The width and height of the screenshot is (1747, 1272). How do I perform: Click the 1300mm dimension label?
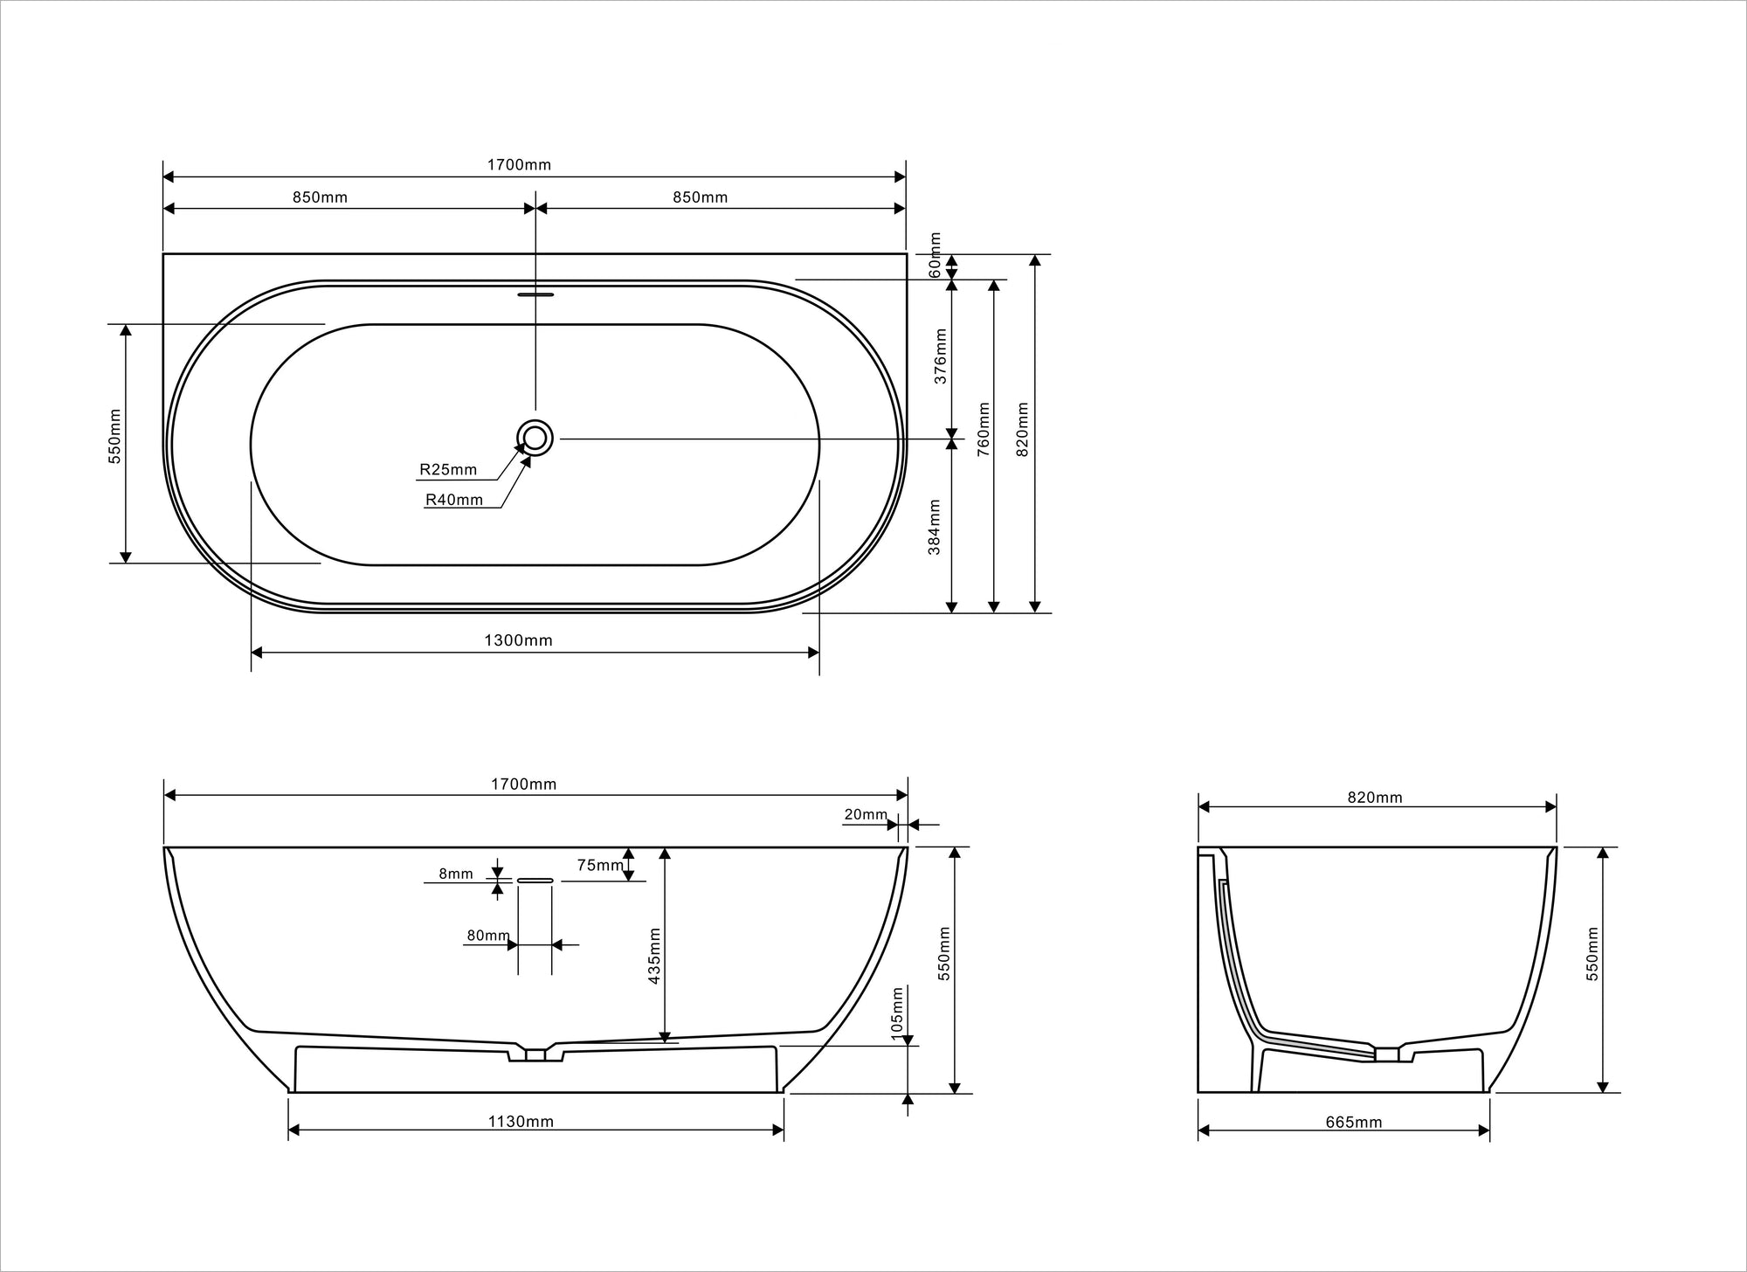pyautogui.click(x=518, y=640)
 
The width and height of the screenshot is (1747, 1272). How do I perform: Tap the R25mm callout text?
pyautogui.click(x=448, y=470)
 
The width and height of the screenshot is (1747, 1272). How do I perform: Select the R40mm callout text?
pyautogui.click(x=453, y=500)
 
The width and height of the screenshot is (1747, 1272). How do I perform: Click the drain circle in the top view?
pyautogui.click(x=535, y=438)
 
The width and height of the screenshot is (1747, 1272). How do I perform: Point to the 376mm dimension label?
pyautogui.click(x=941, y=356)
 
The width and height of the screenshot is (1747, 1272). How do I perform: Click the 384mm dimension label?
pyautogui.click(x=935, y=527)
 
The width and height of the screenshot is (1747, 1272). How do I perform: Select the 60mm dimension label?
pyautogui.click(x=936, y=256)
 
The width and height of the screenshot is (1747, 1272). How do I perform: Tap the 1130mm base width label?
pyautogui.click(x=521, y=1122)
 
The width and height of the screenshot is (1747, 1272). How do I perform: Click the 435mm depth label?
pyautogui.click(x=654, y=957)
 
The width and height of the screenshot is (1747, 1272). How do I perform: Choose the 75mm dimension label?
pyautogui.click(x=600, y=865)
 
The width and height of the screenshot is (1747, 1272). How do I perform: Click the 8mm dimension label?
pyautogui.click(x=455, y=874)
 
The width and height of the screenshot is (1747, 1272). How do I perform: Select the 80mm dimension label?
pyautogui.click(x=487, y=936)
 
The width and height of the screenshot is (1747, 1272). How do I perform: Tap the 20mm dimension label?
pyautogui.click(x=865, y=814)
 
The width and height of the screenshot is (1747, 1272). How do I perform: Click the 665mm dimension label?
pyautogui.click(x=1353, y=1123)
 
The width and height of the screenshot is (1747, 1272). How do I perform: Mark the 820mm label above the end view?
pyautogui.click(x=1374, y=798)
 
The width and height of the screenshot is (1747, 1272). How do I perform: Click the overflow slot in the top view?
pyautogui.click(x=535, y=294)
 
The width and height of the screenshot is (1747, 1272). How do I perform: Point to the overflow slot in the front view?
pyautogui.click(x=535, y=881)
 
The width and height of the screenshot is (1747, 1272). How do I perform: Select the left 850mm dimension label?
pyautogui.click(x=320, y=197)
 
